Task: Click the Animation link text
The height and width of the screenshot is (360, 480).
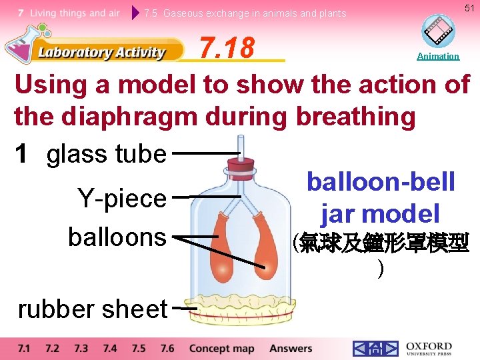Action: point(437,57)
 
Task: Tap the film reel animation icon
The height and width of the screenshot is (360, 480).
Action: point(438,31)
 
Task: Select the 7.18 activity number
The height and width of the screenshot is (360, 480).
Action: point(227,47)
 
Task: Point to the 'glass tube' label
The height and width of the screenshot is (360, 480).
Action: point(106,154)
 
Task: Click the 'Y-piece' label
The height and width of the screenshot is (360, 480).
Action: point(121,198)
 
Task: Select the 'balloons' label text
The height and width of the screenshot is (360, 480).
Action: point(117,237)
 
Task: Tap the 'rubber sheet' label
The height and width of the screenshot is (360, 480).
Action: point(92,309)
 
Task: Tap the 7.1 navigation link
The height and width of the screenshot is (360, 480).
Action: point(24,348)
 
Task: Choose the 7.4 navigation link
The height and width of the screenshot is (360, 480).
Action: point(110,348)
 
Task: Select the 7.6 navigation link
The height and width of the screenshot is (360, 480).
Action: point(167,348)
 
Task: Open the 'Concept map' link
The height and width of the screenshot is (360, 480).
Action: point(221,348)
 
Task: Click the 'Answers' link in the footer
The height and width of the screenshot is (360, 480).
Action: point(291,348)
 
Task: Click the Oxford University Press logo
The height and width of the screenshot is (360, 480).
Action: point(428,349)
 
